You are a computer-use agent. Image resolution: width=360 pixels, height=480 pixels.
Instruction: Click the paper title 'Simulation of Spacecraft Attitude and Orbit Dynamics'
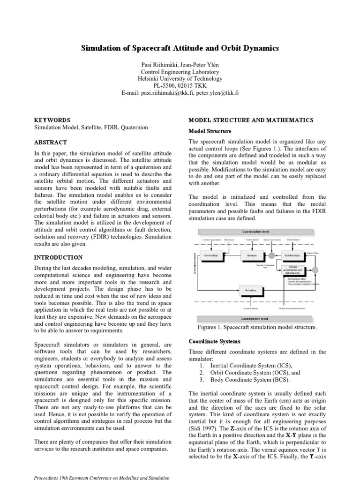(x=180, y=48)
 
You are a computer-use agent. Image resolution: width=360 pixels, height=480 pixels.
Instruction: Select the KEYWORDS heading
(x=53, y=120)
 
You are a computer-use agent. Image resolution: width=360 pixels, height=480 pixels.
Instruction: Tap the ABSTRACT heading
(x=51, y=142)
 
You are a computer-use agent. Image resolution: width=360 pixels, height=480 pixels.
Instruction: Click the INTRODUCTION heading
(x=59, y=257)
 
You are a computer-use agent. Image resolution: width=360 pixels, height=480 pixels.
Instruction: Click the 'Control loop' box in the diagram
(x=209, y=255)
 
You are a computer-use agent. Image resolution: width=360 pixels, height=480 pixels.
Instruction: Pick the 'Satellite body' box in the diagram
(x=295, y=255)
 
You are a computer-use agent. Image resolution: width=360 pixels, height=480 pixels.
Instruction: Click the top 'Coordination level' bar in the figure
(x=255, y=232)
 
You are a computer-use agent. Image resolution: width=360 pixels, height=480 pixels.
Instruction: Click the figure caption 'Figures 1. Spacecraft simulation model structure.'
(x=257, y=327)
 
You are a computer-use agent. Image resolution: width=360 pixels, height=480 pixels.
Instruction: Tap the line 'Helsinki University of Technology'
(x=180, y=79)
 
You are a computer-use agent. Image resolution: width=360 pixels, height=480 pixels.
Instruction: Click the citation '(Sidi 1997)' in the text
(x=204, y=428)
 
